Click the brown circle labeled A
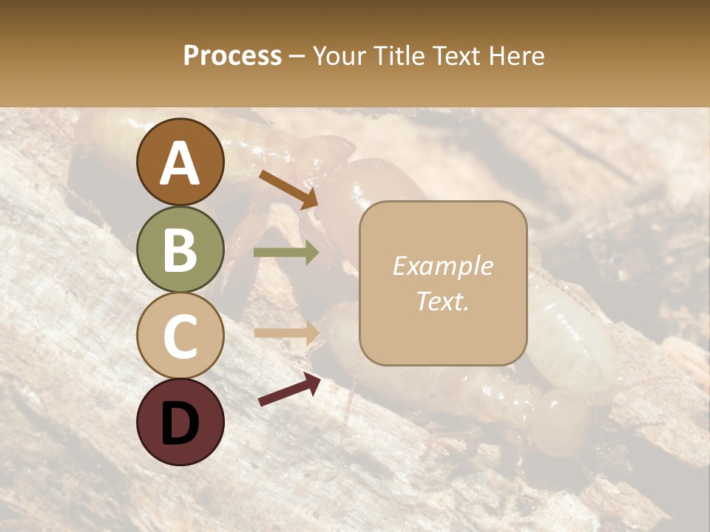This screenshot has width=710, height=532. pos(180,162)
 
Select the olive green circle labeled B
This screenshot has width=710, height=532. pos(180,248)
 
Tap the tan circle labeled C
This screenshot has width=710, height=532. pos(180,335)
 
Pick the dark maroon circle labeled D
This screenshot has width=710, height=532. pos(180,422)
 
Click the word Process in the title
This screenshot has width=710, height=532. pos(232,55)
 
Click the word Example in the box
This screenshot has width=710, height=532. pos(442,266)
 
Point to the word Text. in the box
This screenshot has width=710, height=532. pos(442,301)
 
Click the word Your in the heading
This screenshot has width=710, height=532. pos(339,55)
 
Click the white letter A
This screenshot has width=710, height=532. pos(180,163)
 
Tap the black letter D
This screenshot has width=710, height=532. pos(180,423)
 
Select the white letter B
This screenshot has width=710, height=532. pos(180,250)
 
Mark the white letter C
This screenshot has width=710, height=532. pos(180,337)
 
